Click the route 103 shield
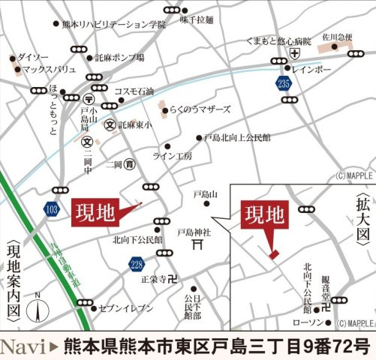pos(51,208)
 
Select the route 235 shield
pos(283,84)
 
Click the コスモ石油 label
pos(133,91)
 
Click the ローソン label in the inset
pos(305,322)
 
